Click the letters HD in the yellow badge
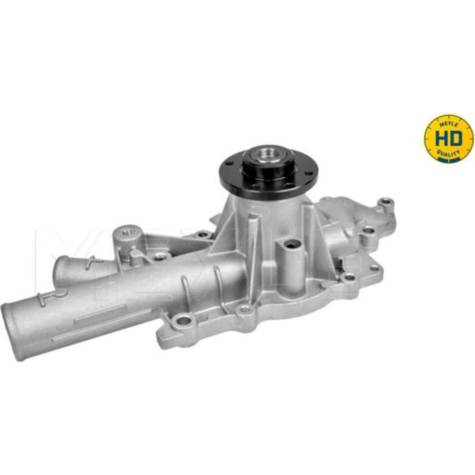(x=449, y=138)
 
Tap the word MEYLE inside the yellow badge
(x=449, y=123)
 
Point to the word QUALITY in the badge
(x=449, y=154)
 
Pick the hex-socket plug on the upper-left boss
(x=127, y=232)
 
